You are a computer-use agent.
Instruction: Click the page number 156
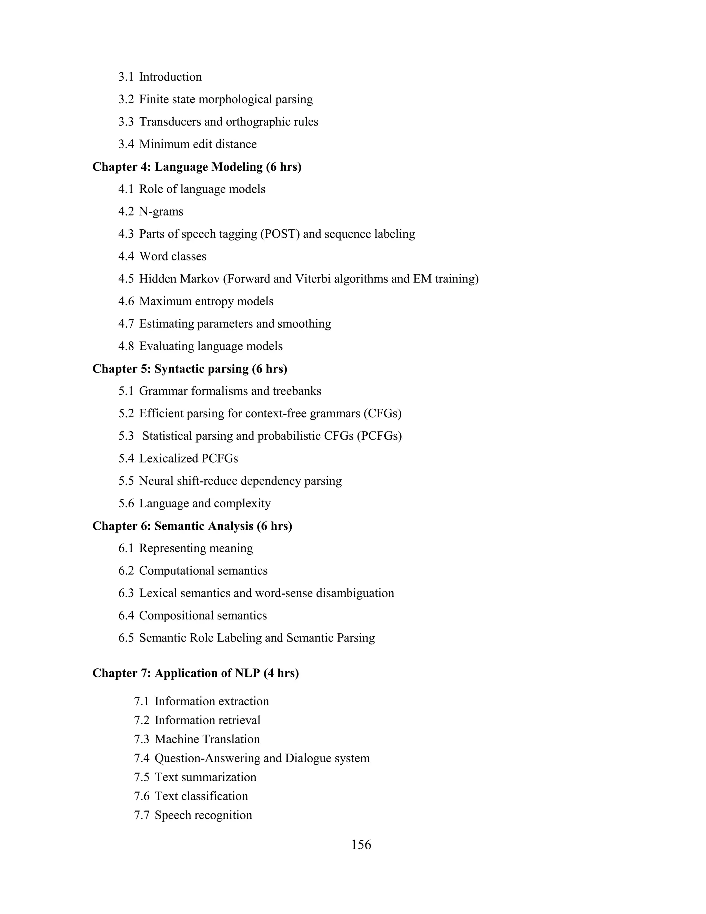(x=361, y=845)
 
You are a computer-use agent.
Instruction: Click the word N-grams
(x=161, y=212)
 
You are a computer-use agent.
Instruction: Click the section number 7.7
(x=142, y=815)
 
